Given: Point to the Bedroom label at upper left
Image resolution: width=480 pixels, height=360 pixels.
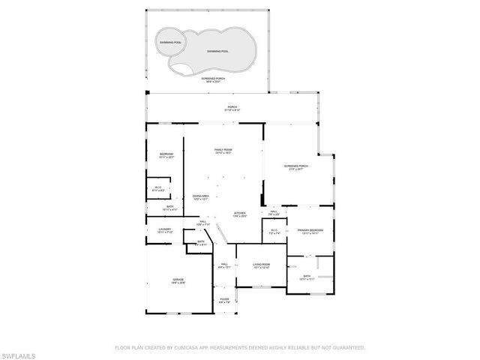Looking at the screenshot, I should click(x=166, y=155).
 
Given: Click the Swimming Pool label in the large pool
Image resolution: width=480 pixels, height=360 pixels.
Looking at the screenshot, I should click(x=217, y=51).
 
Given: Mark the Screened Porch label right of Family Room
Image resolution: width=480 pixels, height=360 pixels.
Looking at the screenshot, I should click(x=296, y=167).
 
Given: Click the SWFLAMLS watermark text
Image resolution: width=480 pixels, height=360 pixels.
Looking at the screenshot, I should click(x=21, y=352).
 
